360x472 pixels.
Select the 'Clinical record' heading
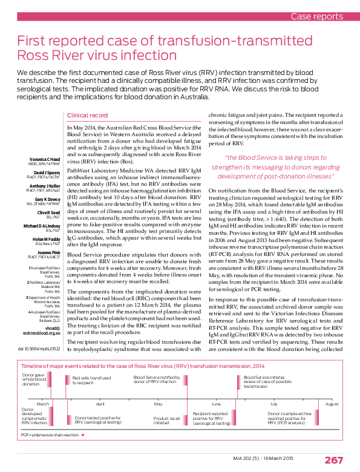[x=88, y=115]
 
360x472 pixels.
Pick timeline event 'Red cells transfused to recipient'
[x=91, y=381]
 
